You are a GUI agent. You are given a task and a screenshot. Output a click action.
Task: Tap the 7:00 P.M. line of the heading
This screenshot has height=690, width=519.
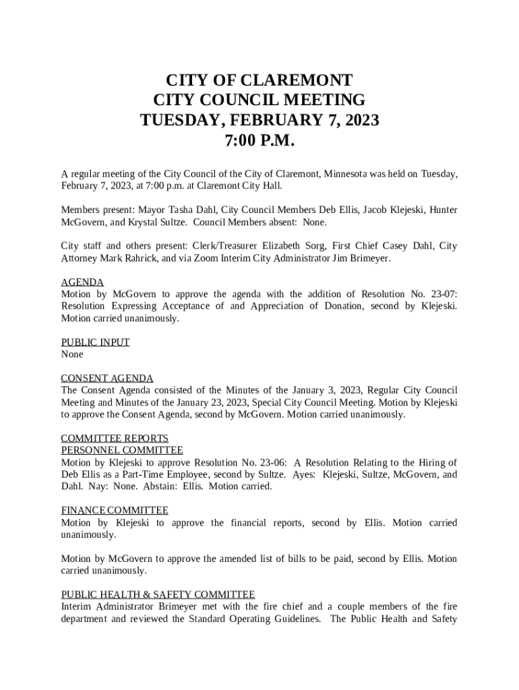[259, 142]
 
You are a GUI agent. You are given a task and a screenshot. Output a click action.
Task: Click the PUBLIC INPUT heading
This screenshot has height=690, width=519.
[95, 342]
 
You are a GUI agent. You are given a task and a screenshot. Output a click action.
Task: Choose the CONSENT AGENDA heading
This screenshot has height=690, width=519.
[107, 378]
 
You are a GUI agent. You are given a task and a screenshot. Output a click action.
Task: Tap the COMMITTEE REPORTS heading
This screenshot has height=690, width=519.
[115, 439]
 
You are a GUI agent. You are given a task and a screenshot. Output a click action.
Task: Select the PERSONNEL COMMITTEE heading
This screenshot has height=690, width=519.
[122, 450]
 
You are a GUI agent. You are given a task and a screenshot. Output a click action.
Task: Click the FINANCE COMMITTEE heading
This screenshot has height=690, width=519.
[115, 511]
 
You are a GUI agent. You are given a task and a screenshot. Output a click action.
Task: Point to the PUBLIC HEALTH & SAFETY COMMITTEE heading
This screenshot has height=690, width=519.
[158, 594]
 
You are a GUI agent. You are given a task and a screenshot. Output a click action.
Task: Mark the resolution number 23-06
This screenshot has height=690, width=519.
[272, 462]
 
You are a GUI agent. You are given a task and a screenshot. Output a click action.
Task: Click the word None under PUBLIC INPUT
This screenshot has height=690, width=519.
[72, 354]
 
